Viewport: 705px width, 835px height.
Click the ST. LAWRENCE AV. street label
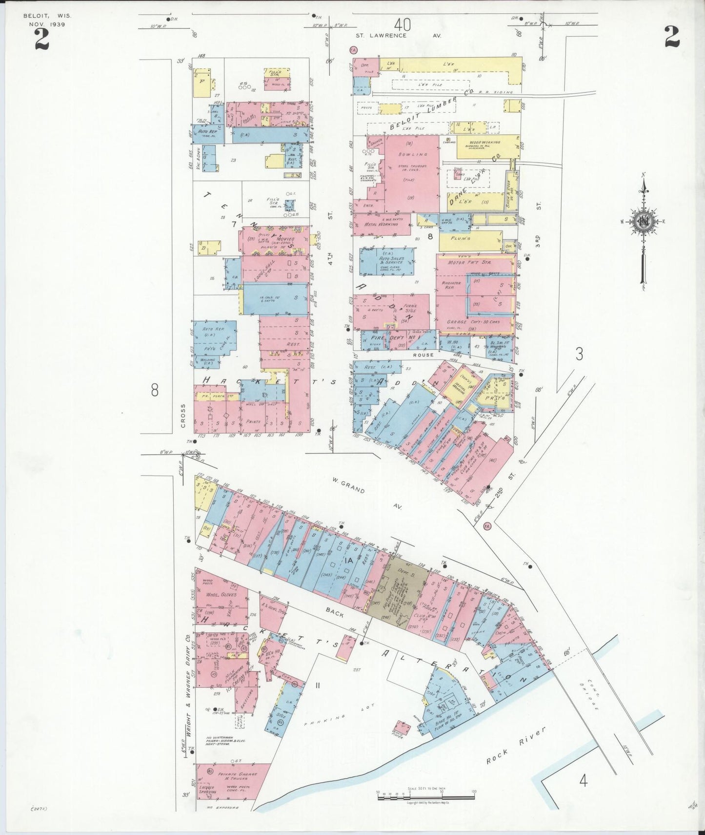[398, 35]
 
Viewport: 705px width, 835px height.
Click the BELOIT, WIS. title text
[47, 16]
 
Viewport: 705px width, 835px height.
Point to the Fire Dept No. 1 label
[394, 337]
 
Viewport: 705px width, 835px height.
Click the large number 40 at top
[403, 23]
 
